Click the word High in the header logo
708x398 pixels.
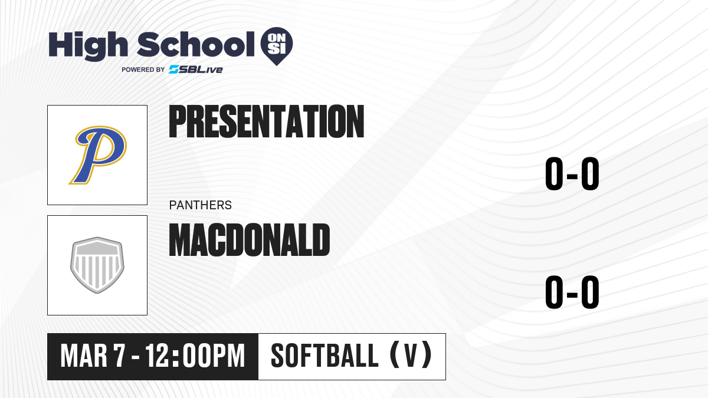(88, 46)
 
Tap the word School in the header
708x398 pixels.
(196, 44)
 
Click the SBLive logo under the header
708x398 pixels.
(196, 70)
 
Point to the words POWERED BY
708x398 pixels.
(143, 70)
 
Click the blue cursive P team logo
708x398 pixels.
(98, 155)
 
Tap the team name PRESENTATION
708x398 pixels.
(267, 121)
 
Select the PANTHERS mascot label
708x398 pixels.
(201, 205)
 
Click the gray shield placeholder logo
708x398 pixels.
(97, 265)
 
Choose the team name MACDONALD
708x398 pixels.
(250, 240)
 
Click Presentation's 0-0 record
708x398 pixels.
(572, 174)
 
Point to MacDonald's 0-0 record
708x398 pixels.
(572, 292)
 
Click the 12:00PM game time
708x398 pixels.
(195, 356)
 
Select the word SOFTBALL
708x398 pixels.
(324, 356)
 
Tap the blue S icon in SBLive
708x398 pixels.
(174, 70)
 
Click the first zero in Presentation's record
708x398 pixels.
(554, 174)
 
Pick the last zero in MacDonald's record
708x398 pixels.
(590, 292)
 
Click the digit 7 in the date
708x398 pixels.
(119, 356)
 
